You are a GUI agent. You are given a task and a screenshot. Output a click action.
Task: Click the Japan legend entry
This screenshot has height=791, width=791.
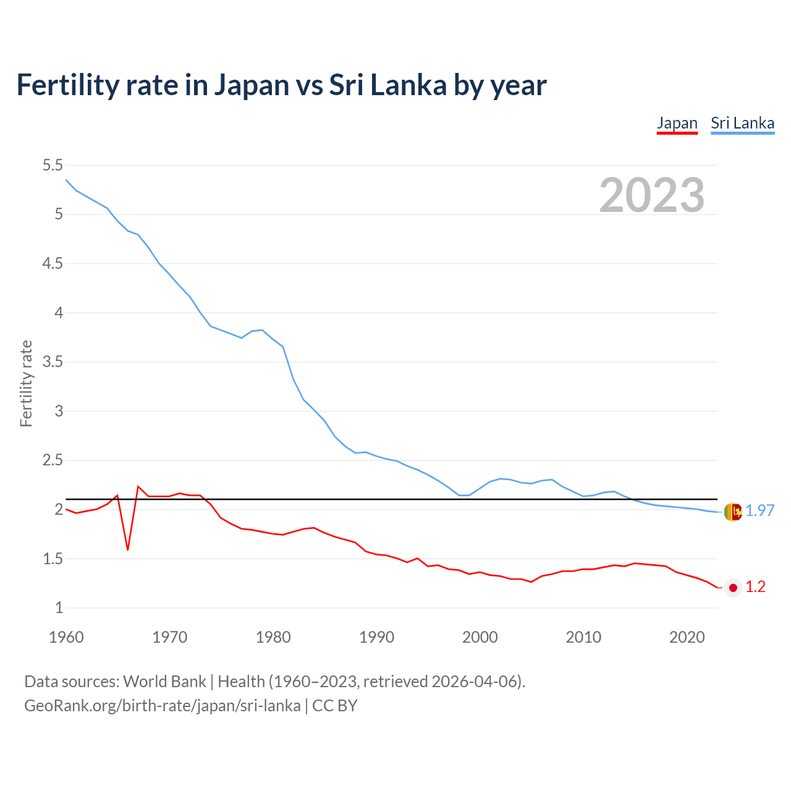(x=677, y=123)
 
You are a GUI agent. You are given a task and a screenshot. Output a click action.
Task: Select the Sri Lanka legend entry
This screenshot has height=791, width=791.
(x=742, y=123)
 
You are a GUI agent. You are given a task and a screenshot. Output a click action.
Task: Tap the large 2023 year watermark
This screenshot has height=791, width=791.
(x=651, y=195)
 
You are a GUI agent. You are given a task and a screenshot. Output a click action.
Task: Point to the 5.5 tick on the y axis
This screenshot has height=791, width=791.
(x=53, y=165)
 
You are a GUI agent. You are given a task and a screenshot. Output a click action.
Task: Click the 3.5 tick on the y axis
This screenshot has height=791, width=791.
(x=53, y=362)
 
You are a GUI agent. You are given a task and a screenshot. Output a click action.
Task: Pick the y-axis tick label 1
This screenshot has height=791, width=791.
(x=59, y=607)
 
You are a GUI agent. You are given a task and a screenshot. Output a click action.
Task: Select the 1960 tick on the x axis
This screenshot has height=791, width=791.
(x=66, y=637)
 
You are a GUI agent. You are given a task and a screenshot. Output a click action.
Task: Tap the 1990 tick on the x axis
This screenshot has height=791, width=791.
(x=376, y=637)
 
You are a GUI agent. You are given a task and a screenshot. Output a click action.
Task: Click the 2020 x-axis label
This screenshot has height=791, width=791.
(x=687, y=637)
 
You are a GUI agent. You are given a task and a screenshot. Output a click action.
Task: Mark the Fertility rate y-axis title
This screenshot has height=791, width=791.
(x=26, y=383)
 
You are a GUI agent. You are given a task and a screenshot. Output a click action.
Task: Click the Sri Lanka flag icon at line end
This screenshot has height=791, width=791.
(x=733, y=512)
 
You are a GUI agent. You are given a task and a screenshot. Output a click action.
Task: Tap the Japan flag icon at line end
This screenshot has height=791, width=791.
(x=733, y=588)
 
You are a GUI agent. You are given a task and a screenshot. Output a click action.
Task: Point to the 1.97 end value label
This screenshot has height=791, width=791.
(x=759, y=510)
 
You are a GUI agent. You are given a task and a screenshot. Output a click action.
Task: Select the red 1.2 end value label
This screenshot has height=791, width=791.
(x=755, y=587)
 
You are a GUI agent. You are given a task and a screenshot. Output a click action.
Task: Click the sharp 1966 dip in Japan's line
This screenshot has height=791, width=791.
(x=128, y=549)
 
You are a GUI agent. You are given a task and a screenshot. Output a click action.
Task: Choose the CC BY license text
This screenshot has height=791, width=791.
(x=334, y=705)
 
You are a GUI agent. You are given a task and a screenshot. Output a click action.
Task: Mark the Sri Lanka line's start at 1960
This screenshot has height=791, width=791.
(x=66, y=180)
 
